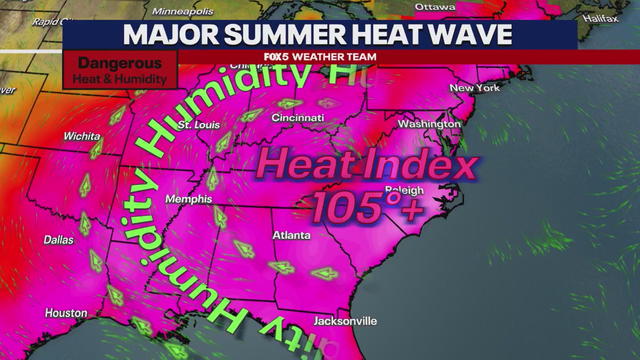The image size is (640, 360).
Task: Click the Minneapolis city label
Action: click(182, 11)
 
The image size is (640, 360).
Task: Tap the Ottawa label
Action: click(435, 7)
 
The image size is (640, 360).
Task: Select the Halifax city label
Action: click(600, 19)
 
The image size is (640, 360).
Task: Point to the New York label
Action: click(474, 88)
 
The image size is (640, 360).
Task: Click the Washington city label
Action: click(429, 123)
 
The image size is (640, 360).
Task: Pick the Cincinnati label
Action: click(297, 118)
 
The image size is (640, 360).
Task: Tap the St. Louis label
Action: click(199, 124)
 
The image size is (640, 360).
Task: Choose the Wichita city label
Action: click(82, 136)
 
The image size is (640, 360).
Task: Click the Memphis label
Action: click(188, 199)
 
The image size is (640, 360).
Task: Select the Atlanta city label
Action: click(291, 235)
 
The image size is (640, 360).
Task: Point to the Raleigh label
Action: click(404, 190)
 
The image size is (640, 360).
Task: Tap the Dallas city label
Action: click(58, 240)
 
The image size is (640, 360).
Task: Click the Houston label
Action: click(66, 313)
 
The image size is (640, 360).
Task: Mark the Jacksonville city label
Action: click(345, 321)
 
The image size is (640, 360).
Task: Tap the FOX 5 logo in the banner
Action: click(276, 57)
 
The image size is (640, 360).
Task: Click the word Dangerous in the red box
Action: click(120, 63)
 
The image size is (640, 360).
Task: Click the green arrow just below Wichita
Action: click(96, 149)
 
